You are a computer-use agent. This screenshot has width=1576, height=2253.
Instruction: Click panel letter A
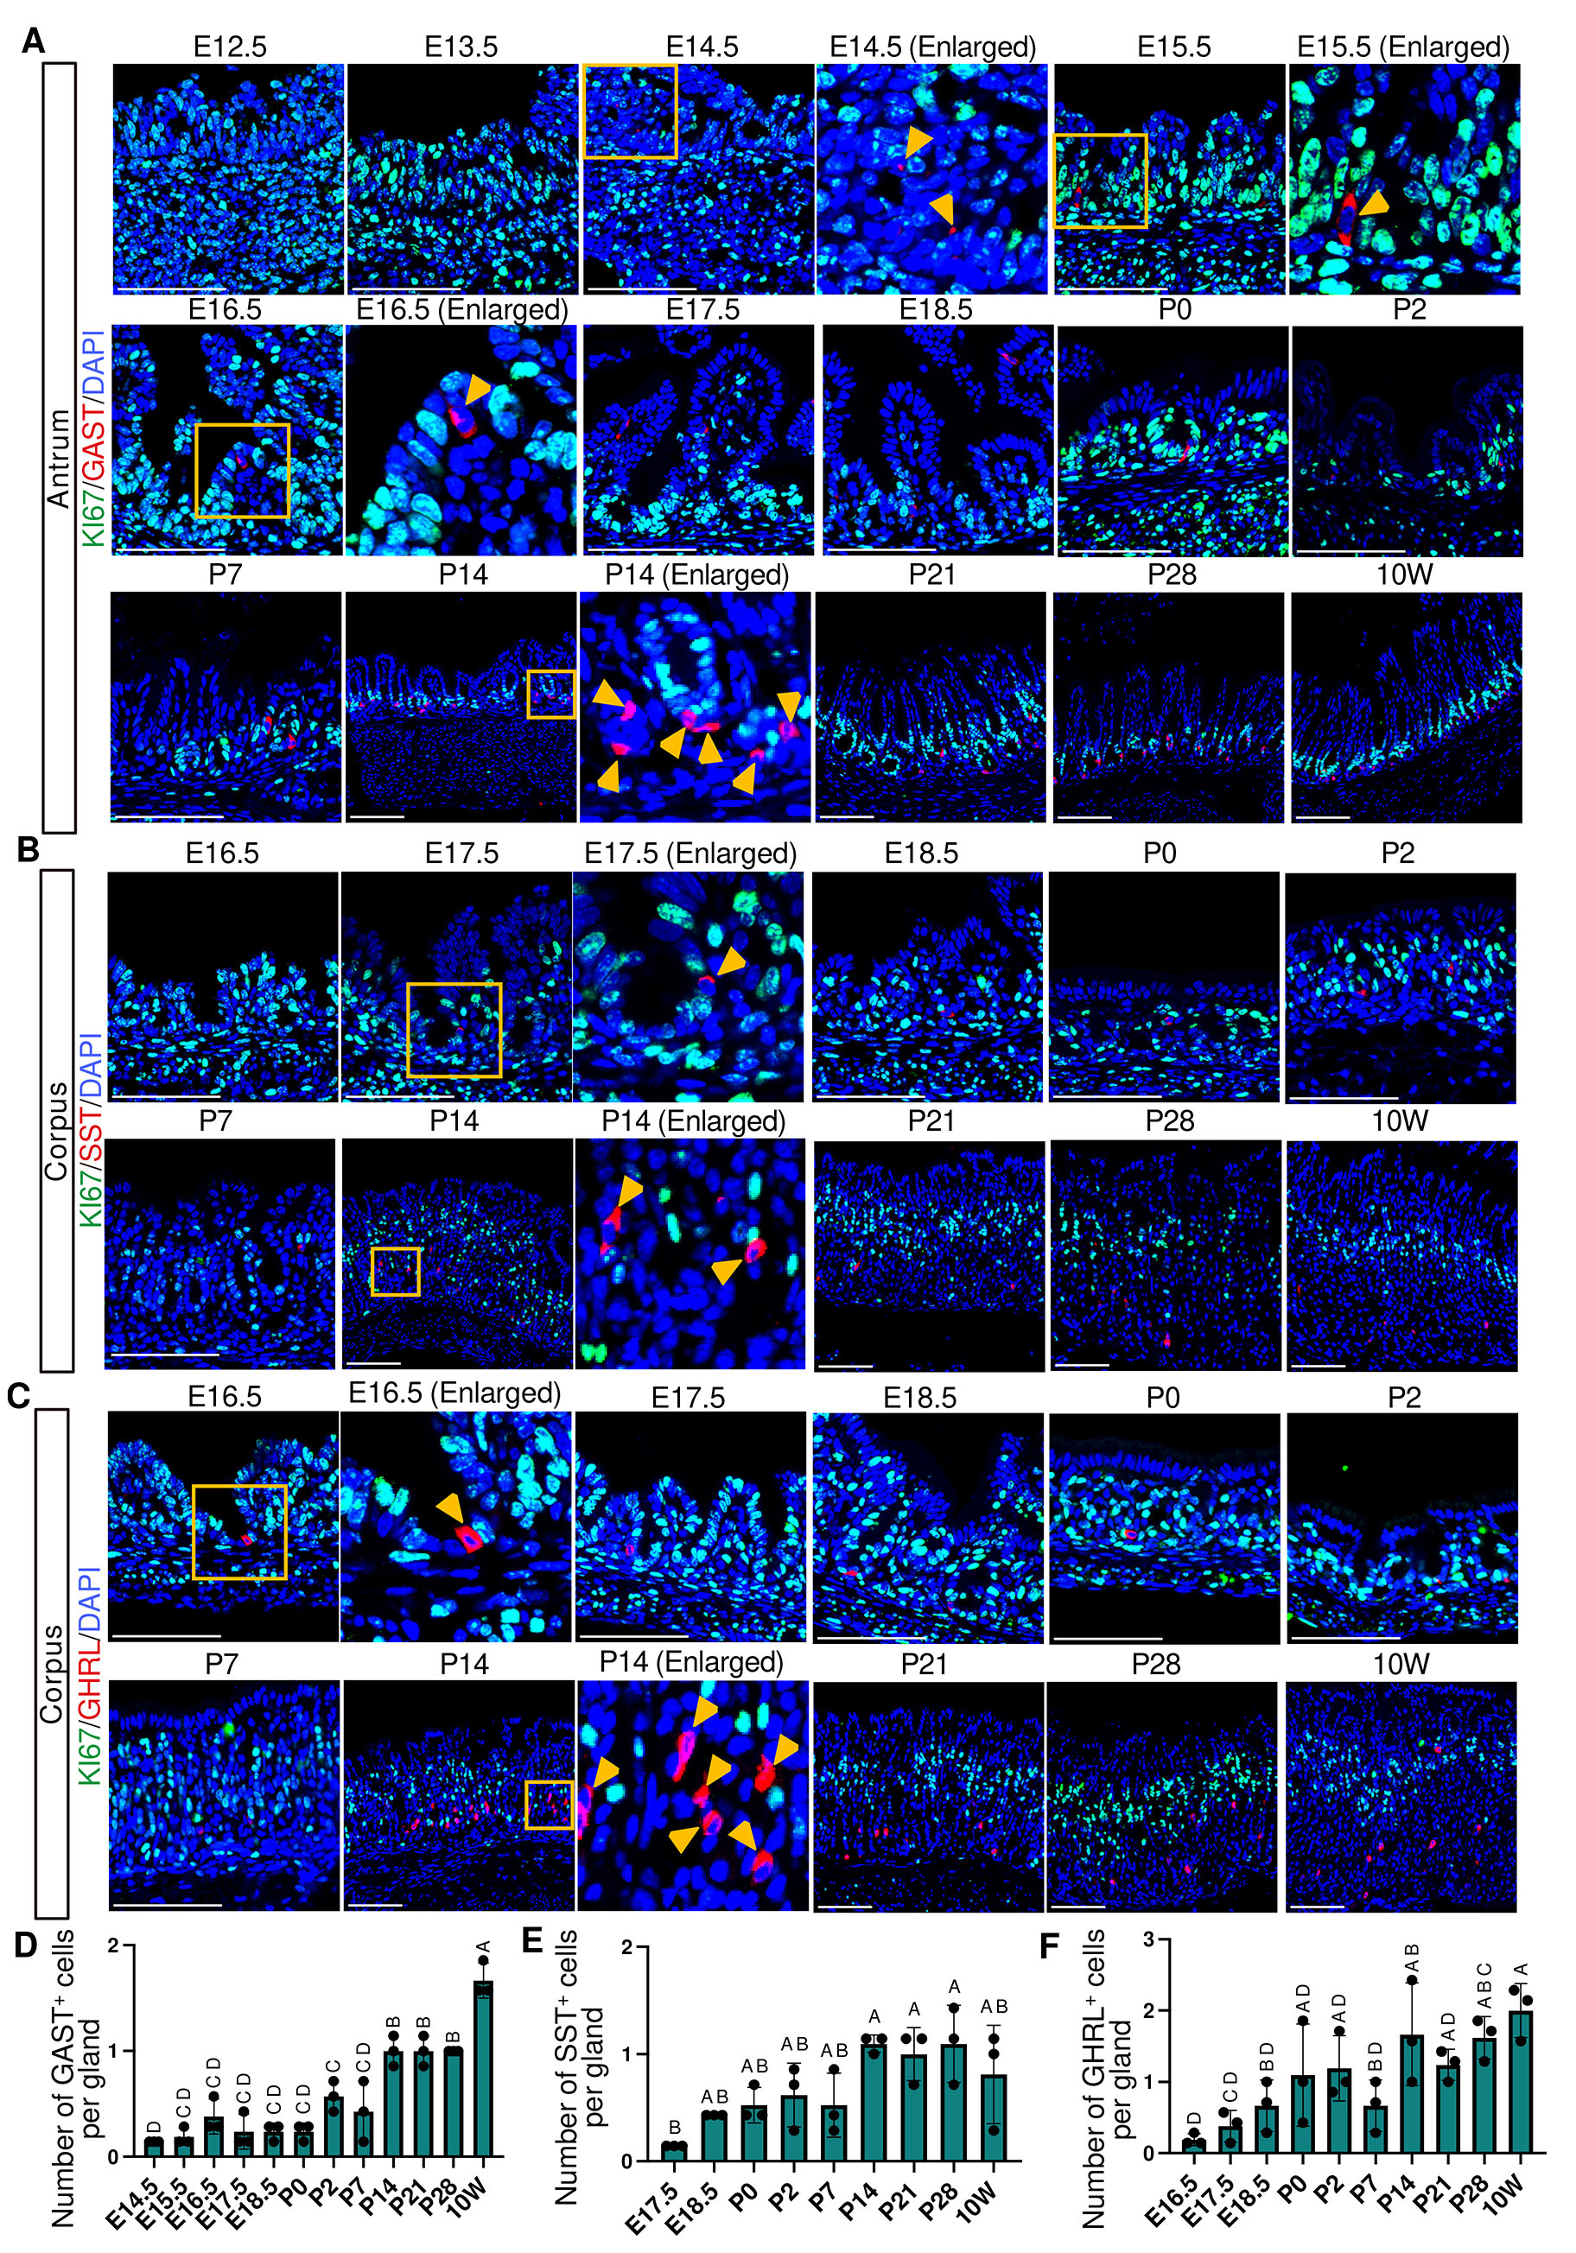31,41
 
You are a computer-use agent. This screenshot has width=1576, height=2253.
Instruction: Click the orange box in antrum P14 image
550,694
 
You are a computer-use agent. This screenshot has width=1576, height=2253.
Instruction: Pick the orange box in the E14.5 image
629,111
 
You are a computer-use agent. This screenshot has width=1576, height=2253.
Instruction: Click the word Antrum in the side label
59,460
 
